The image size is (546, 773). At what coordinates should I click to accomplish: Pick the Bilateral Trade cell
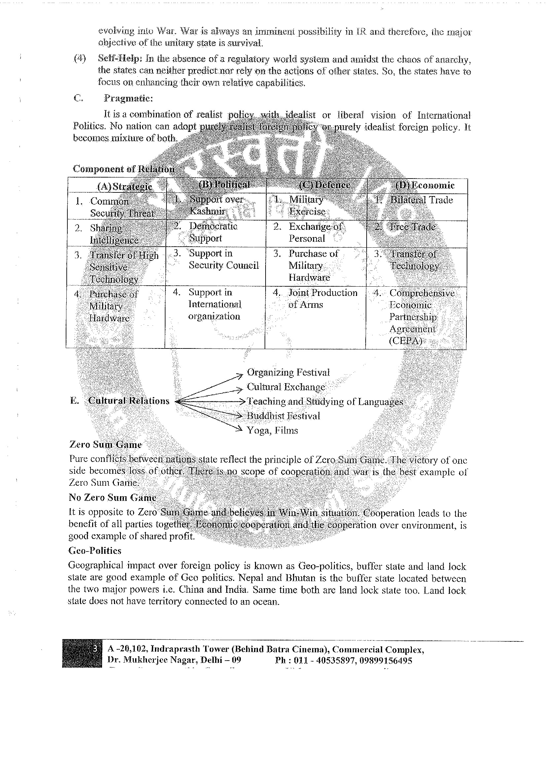(x=421, y=200)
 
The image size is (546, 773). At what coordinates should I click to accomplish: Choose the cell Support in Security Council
(x=223, y=259)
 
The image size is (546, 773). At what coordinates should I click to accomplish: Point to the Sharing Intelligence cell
(x=114, y=234)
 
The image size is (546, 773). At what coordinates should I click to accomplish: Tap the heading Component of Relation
(x=124, y=169)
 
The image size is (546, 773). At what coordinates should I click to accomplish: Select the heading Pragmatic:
(x=128, y=98)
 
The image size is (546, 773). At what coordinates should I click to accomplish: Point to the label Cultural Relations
(x=128, y=401)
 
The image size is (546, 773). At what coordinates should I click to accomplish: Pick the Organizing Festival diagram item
(x=288, y=372)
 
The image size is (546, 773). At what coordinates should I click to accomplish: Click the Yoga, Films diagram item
(x=272, y=430)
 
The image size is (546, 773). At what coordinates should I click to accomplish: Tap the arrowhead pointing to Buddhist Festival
(x=239, y=416)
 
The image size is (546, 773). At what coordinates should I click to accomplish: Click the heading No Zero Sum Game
(x=112, y=497)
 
